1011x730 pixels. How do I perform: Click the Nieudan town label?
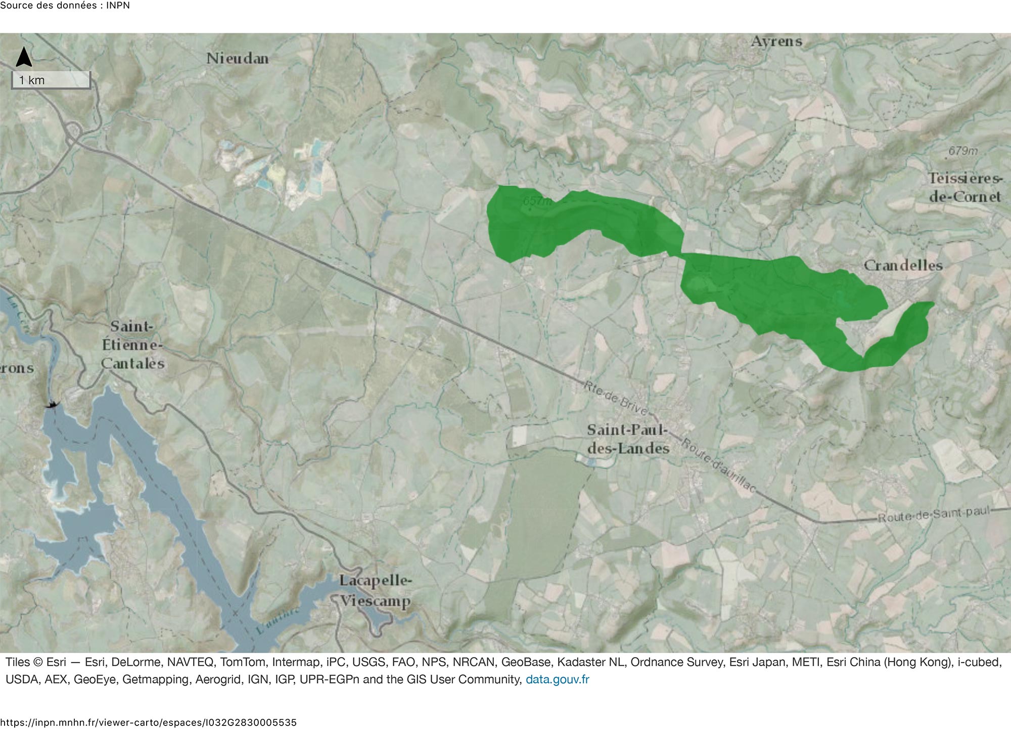point(237,59)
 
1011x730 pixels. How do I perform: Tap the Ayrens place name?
point(776,41)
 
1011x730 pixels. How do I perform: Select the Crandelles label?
point(903,266)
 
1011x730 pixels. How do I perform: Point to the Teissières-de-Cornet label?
point(964,188)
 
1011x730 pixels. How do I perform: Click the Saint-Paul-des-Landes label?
point(628,439)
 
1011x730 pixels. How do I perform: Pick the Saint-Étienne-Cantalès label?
point(132,345)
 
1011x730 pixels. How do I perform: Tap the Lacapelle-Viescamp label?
point(375,591)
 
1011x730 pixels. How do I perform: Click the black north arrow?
point(24,57)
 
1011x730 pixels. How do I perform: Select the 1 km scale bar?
point(51,80)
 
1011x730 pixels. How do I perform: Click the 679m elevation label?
point(962,151)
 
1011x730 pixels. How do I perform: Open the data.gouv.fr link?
point(557,679)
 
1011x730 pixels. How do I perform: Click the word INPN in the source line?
point(118,6)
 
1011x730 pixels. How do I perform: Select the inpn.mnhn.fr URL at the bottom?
point(148,722)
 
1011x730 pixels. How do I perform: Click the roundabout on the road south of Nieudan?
point(74,131)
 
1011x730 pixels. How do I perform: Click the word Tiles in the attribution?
point(17,662)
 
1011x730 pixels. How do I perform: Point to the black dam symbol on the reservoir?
point(52,404)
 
